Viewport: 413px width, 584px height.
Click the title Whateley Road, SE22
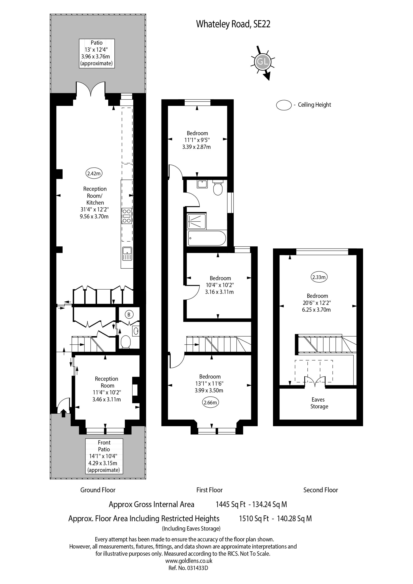pos(233,24)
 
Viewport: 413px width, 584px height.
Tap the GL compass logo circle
pos(262,62)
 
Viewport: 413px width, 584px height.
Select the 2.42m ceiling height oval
pos(94,174)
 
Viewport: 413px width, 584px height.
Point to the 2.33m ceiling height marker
pos(319,277)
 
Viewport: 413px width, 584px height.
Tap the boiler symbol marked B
pos(129,315)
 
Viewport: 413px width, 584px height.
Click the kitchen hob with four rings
pos(127,216)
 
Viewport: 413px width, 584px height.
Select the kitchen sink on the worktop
pos(127,254)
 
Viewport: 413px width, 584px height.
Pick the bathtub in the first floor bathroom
pos(206,238)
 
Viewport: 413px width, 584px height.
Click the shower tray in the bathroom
pos(197,221)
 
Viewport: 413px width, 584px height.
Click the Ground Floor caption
pos(98,490)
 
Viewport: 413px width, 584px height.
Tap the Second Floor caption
pos(320,490)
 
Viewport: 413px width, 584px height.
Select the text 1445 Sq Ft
pos(231,505)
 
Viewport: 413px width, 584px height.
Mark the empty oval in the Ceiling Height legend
pos(284,105)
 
